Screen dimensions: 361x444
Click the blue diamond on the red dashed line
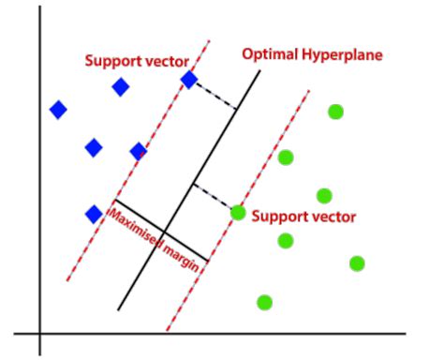(189, 81)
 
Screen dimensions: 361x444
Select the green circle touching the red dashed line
(238, 213)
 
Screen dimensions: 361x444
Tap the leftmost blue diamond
(58, 110)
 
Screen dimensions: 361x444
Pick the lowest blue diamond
(94, 214)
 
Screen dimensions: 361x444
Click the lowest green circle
(265, 302)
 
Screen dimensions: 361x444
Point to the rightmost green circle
(357, 263)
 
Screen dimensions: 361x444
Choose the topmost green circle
(335, 113)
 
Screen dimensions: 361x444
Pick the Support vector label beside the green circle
(304, 217)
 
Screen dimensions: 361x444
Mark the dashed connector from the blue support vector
(214, 96)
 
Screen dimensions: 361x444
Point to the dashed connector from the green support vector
(215, 198)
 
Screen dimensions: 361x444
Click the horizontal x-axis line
(281, 333)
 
